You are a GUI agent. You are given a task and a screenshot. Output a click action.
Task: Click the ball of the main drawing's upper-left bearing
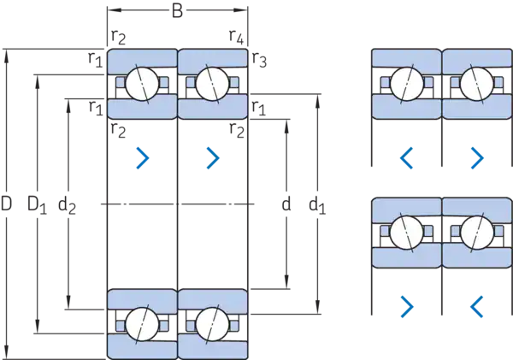[140, 84]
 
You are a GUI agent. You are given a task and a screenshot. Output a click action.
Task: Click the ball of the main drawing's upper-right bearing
[211, 84]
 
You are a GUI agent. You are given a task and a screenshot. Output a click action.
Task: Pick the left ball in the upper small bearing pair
[405, 84]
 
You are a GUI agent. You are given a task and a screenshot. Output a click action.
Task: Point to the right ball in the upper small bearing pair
[475, 84]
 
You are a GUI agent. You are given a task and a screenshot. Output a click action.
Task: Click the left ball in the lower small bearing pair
[405, 232]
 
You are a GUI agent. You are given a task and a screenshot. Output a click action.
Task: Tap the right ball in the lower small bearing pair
[475, 232]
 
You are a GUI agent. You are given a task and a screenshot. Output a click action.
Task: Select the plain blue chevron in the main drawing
[212, 157]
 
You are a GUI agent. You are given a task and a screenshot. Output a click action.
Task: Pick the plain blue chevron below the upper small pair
[408, 157]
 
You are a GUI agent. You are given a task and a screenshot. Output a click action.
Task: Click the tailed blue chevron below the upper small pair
[476, 157]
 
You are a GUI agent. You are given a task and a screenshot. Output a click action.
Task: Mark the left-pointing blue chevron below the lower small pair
[476, 303]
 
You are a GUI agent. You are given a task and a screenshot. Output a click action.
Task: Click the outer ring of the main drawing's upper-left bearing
[140, 58]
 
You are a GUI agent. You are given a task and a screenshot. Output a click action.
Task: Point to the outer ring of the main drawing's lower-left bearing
[140, 349]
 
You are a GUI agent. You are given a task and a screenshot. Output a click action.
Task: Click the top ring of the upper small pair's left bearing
[405, 58]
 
